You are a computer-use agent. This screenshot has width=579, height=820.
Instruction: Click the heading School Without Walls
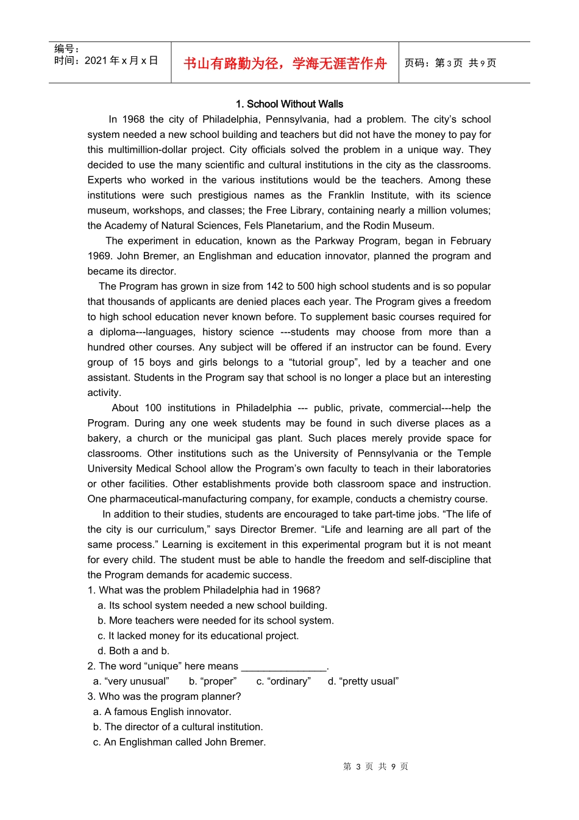289,104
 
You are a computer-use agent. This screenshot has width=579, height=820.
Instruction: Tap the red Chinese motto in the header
285,63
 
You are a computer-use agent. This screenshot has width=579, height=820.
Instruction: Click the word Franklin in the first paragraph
350,195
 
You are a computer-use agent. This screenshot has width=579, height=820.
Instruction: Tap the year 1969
99,256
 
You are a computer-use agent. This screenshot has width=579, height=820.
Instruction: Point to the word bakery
103,439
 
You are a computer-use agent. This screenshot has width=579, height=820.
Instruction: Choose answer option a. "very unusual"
131,682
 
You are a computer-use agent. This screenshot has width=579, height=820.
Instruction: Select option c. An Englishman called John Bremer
179,743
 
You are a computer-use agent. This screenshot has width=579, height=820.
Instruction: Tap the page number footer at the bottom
375,767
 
